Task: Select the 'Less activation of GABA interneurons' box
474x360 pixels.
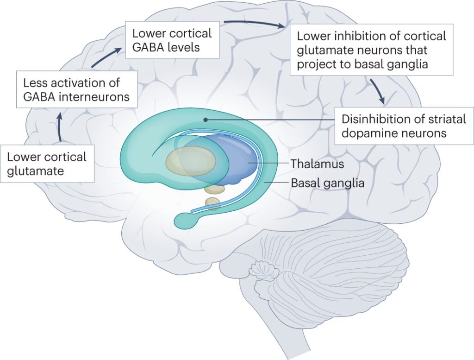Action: pos(77,90)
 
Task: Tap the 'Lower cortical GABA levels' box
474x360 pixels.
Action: pos(172,40)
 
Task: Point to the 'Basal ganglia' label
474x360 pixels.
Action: pos(327,183)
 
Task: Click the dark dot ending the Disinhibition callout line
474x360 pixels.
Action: pos(205,119)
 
